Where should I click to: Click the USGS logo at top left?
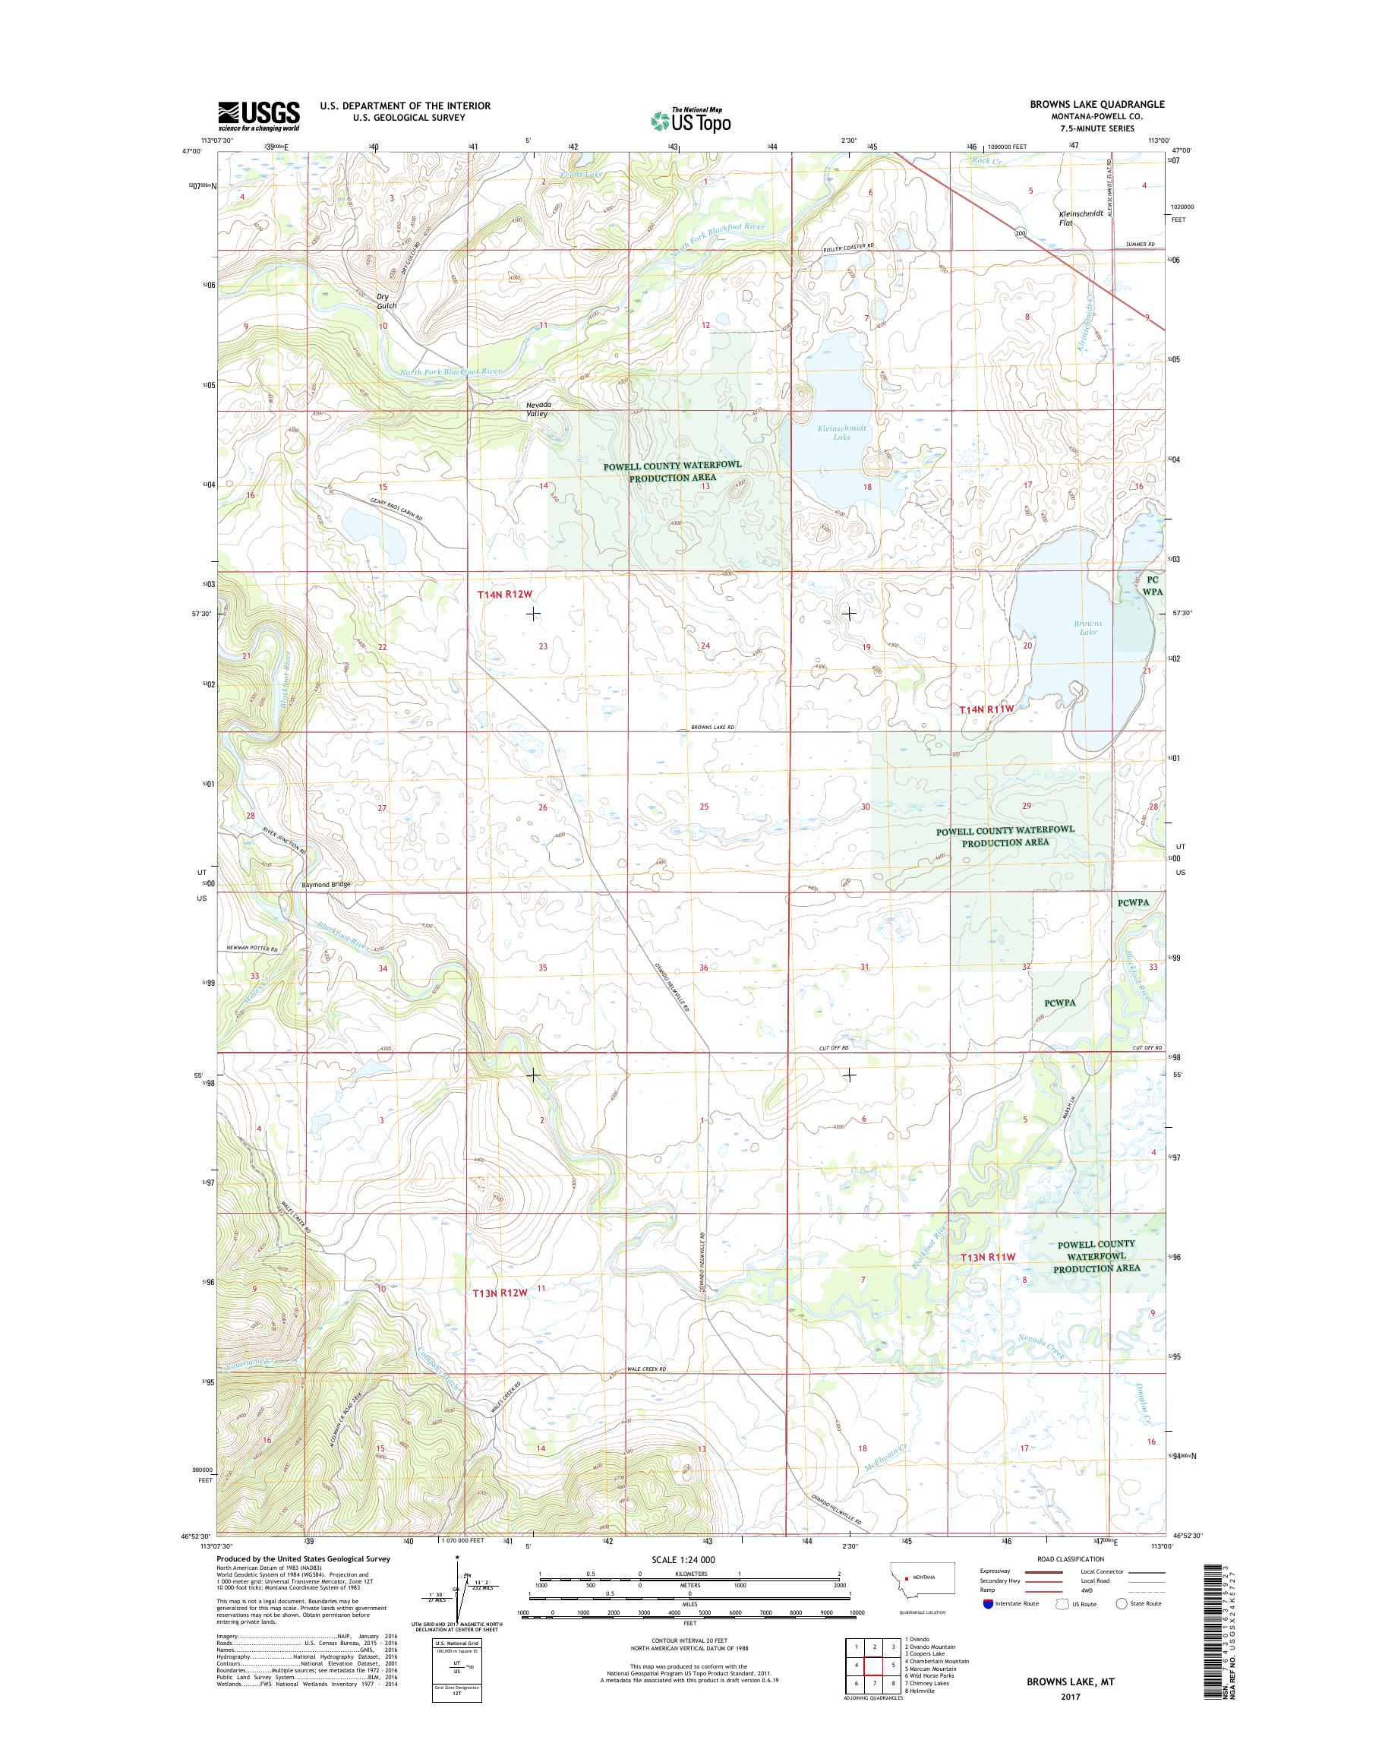258,115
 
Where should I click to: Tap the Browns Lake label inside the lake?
1088,627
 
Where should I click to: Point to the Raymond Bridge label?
326,885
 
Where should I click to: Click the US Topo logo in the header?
691,121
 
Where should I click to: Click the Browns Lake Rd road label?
712,728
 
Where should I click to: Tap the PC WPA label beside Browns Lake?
1153,586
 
